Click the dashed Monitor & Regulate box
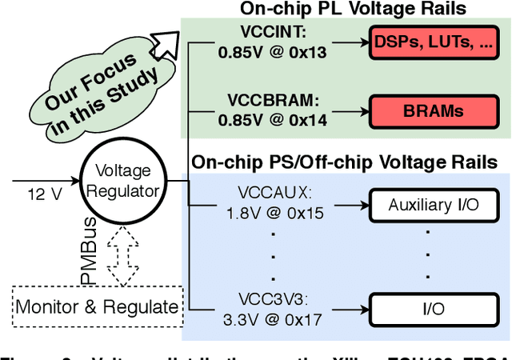tap(98, 306)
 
